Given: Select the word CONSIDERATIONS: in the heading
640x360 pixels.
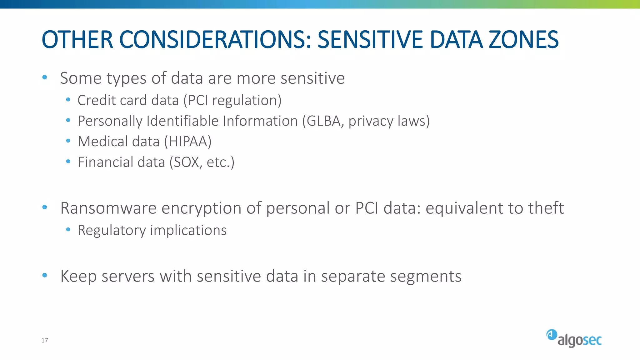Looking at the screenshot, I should pos(215,40).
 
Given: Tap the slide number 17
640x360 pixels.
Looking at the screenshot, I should pos(45,340).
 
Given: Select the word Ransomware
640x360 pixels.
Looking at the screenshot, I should pos(108,208).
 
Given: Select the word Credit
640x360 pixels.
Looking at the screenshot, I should pos(96,100).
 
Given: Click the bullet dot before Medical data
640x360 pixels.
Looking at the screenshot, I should pos(68,141).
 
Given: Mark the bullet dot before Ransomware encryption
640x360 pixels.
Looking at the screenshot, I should pos(45,207).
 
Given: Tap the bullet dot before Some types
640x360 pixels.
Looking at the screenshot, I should pos(45,77).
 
